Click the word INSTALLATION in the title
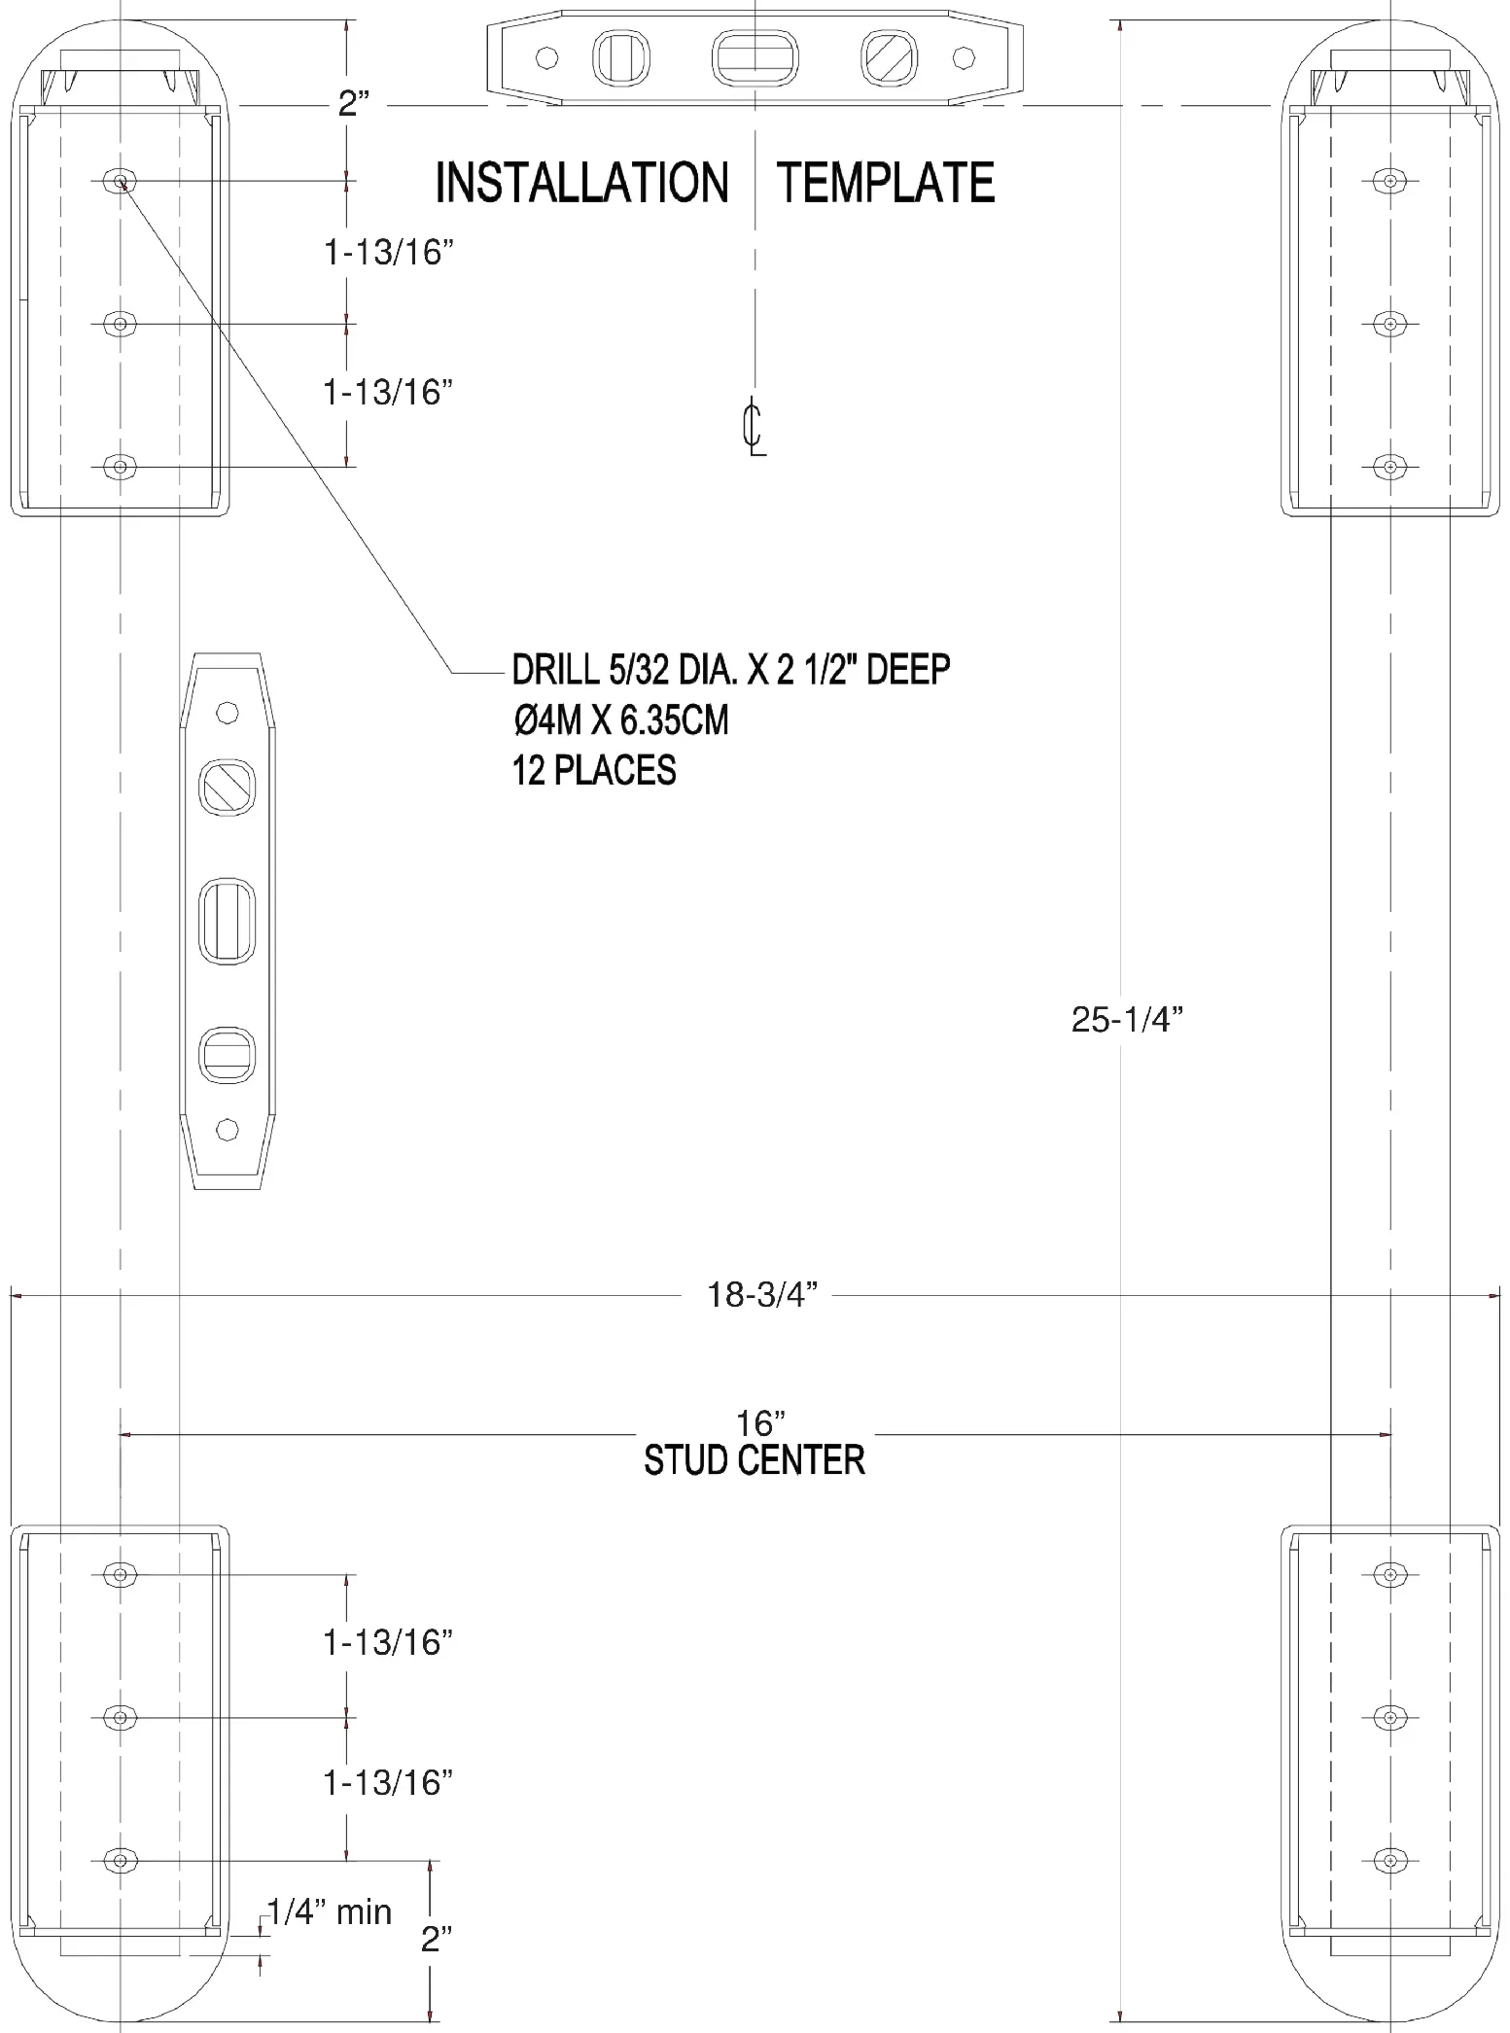581,183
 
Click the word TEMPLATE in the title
886,183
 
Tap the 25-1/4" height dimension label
1127,1019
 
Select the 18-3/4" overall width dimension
762,1295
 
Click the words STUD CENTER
755,1460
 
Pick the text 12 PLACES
594,770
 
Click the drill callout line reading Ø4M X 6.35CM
620,720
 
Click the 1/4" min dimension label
330,1911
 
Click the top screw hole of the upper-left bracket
120,180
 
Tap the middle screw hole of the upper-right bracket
1390,323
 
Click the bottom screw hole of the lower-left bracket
120,1861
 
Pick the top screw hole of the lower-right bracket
1390,1574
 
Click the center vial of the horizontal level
755,57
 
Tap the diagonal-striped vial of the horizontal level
889,57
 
